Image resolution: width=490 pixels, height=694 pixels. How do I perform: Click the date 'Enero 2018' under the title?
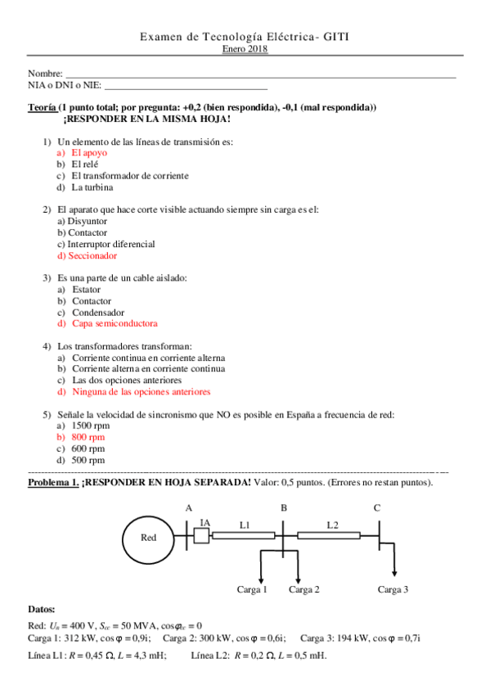(245, 49)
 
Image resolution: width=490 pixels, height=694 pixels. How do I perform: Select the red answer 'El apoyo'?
(88, 152)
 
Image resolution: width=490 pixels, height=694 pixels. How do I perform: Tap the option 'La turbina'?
(92, 187)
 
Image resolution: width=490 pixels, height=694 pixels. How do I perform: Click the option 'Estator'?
(86, 290)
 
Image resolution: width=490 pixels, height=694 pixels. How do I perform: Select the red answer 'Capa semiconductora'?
(115, 323)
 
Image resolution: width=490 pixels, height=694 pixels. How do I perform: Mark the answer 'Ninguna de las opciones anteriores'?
(141, 392)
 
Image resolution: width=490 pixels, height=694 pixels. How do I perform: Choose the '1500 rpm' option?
(88, 426)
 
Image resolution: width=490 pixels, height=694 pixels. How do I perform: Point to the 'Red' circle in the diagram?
(149, 538)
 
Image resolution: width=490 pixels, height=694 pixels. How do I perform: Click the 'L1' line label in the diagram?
(245, 523)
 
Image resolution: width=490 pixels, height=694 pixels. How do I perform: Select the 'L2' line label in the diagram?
(332, 523)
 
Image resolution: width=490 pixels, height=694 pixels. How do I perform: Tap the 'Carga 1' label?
(252, 588)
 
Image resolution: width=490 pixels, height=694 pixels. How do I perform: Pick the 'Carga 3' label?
(393, 588)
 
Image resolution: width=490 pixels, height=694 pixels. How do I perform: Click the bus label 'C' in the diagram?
(376, 507)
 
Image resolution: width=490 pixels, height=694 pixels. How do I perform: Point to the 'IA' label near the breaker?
(205, 523)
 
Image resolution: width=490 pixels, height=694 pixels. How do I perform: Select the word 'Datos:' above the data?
(42, 609)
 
